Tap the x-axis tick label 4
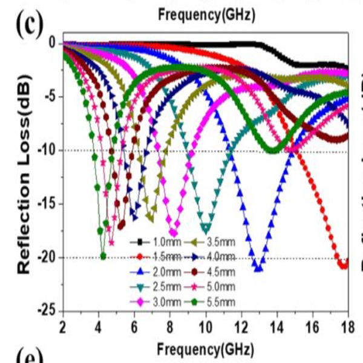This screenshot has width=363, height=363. [x=98, y=327]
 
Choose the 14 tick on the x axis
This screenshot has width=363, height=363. [x=276, y=327]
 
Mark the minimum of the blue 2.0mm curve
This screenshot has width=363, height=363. [x=258, y=269]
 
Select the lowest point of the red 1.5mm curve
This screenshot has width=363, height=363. [x=343, y=265]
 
